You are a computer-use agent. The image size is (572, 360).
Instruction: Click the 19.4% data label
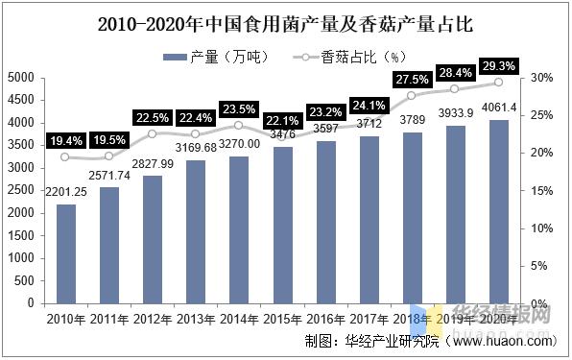(x=65, y=140)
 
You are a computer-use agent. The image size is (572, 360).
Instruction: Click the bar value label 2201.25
(x=65, y=192)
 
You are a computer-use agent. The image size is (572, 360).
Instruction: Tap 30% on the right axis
(x=539, y=78)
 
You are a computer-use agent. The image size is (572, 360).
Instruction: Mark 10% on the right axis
(x=539, y=228)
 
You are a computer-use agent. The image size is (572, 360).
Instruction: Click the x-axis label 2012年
(x=153, y=319)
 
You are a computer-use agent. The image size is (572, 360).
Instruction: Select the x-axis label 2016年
(x=326, y=319)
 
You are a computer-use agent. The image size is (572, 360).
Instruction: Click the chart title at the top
(x=286, y=22)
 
